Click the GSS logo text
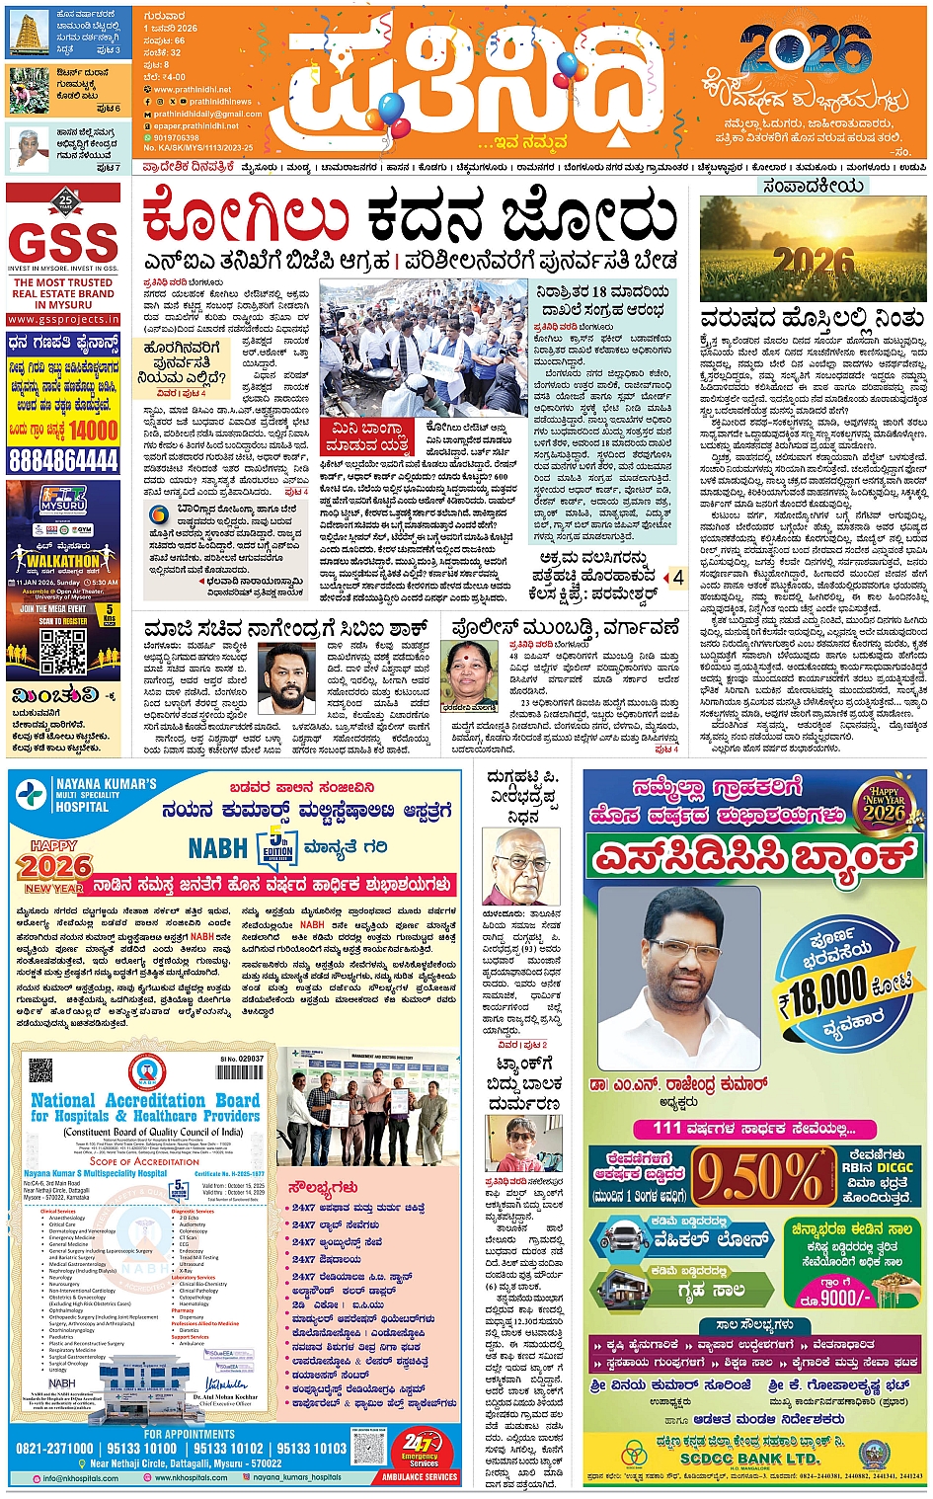point(63,241)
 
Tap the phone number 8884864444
point(63,460)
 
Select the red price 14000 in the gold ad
point(93,431)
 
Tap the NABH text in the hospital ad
point(218,847)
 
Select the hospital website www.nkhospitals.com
point(193,1478)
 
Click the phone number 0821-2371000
point(55,1449)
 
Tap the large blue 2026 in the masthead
point(805,49)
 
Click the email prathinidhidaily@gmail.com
point(207,114)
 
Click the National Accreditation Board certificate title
point(145,1107)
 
